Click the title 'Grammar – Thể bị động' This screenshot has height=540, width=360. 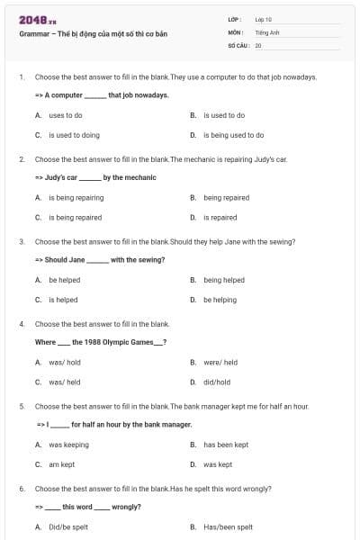click(x=80, y=33)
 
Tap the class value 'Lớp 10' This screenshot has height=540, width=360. click(x=264, y=19)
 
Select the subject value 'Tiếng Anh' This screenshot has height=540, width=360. click(x=268, y=31)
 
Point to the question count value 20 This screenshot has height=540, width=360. click(x=258, y=44)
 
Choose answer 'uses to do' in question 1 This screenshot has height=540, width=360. click(x=66, y=115)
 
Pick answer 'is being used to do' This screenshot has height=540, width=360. click(x=233, y=135)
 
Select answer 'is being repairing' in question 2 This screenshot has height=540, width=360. click(x=76, y=197)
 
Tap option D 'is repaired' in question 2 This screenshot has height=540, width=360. click(x=220, y=217)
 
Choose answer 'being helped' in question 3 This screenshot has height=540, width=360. click(x=224, y=280)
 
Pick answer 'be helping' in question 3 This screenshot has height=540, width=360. click(x=220, y=300)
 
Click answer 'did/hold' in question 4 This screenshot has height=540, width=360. click(x=217, y=382)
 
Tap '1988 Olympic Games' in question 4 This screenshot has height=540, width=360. click(x=112, y=342)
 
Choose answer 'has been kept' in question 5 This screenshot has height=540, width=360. click(x=225, y=445)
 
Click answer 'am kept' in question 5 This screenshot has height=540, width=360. click(x=61, y=464)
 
